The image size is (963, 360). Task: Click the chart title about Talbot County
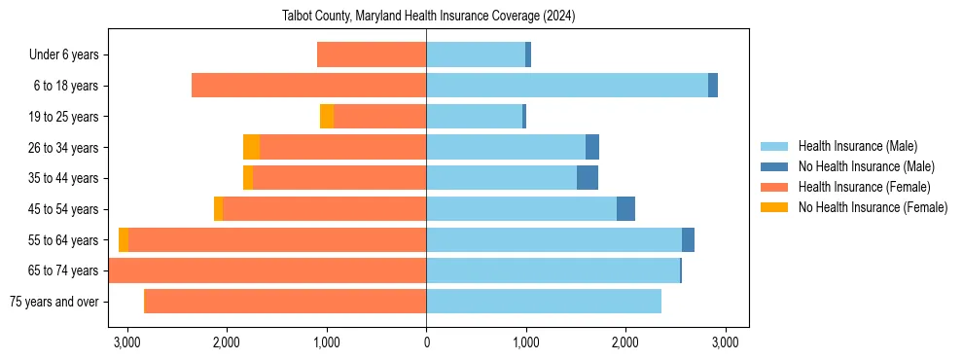(429, 16)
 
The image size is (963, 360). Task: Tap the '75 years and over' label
(53, 302)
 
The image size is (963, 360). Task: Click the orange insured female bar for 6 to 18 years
(308, 86)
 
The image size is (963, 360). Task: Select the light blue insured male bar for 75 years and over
(543, 302)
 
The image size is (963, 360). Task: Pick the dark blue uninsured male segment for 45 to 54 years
(625, 209)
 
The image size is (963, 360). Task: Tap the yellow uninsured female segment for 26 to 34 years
(251, 147)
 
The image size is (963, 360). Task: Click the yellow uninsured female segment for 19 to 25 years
(327, 117)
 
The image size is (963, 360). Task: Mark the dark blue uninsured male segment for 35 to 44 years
(588, 178)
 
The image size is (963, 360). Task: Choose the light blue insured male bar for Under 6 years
(475, 55)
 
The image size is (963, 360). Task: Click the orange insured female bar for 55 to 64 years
(277, 240)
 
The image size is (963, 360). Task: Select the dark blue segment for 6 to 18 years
(713, 86)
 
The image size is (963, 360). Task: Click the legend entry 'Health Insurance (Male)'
(857, 146)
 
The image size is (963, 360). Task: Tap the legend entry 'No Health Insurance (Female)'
(873, 207)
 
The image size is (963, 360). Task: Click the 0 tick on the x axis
(426, 342)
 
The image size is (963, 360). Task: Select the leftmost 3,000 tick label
(126, 342)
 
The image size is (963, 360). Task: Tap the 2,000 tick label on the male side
(624, 342)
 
